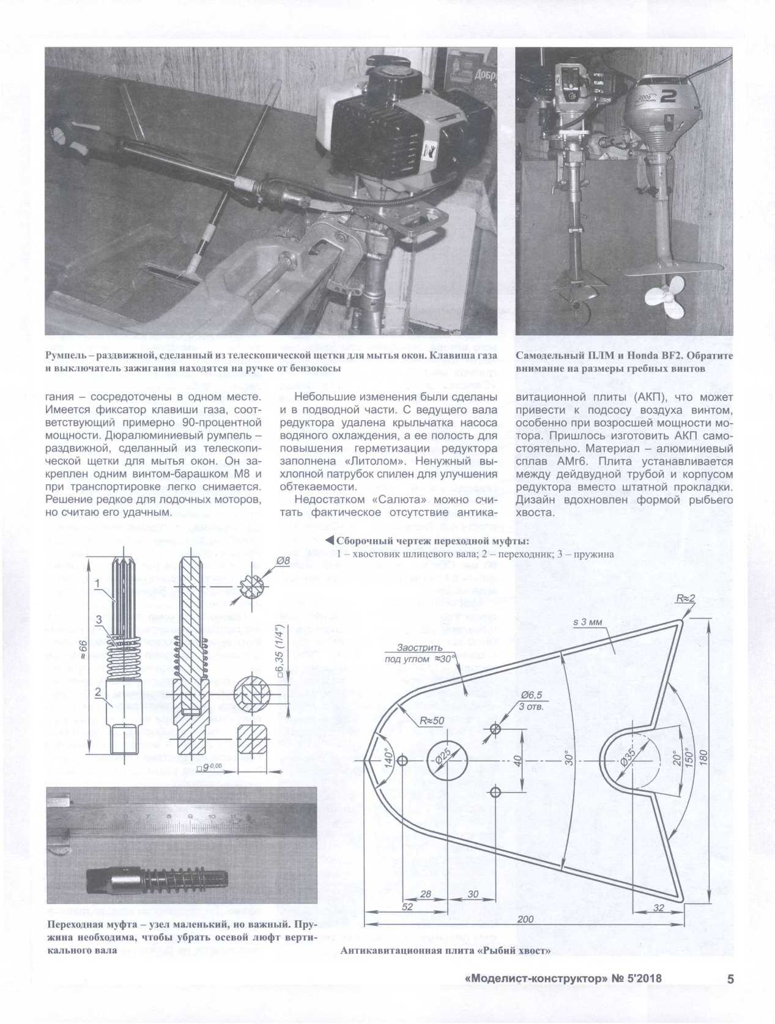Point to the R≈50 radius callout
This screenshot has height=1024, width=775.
pos(432,721)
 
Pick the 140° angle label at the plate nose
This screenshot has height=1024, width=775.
pos(387,758)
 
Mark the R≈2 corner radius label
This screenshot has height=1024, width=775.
pos(686,599)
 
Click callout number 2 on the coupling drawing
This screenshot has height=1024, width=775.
pos(97,692)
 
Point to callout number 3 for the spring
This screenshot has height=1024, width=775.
pos(99,620)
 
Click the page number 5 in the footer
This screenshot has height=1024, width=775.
pos(730,979)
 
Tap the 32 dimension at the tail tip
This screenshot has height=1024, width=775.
pos(659,908)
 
